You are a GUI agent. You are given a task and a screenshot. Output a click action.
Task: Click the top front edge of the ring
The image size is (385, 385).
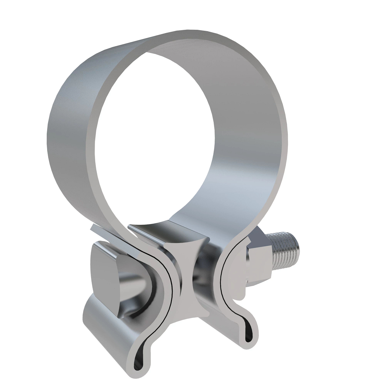click(x=193, y=35)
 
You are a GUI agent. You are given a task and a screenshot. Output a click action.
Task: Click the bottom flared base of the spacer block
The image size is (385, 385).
click(x=193, y=308)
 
